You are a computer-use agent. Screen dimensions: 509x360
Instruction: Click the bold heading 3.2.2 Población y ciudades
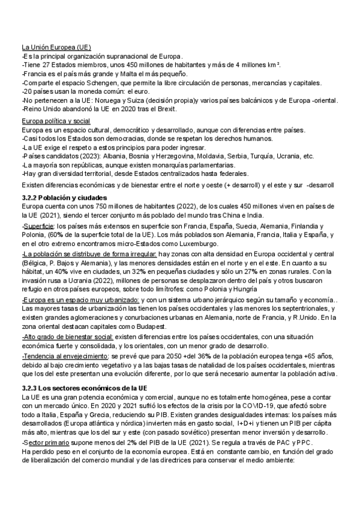coord(64,197)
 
